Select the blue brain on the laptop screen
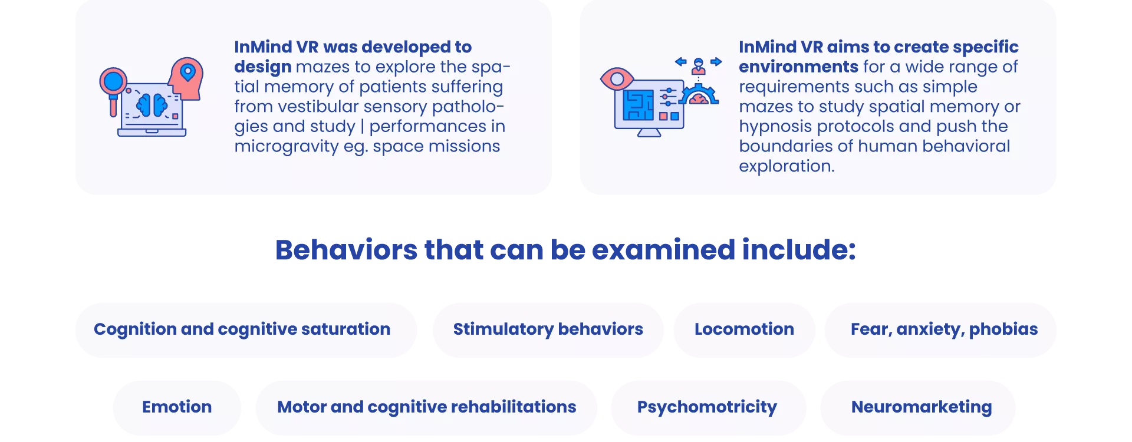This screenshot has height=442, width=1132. tap(152, 105)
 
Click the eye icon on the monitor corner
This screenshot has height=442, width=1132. tap(617, 78)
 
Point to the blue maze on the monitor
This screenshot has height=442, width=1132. tap(639, 105)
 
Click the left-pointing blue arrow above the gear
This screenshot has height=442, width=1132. tap(681, 61)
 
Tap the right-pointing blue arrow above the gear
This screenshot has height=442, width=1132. tap(716, 61)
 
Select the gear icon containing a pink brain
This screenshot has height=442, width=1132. tap(699, 95)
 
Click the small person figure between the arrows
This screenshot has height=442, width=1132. tap(699, 66)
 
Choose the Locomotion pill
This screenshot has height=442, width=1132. tap(744, 329)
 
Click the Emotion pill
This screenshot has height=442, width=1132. tap(177, 407)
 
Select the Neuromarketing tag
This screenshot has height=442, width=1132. tap(922, 407)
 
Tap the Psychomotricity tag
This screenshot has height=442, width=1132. tap(707, 407)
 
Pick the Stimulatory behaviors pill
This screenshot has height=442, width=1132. tap(548, 329)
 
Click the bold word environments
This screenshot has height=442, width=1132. tap(798, 67)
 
